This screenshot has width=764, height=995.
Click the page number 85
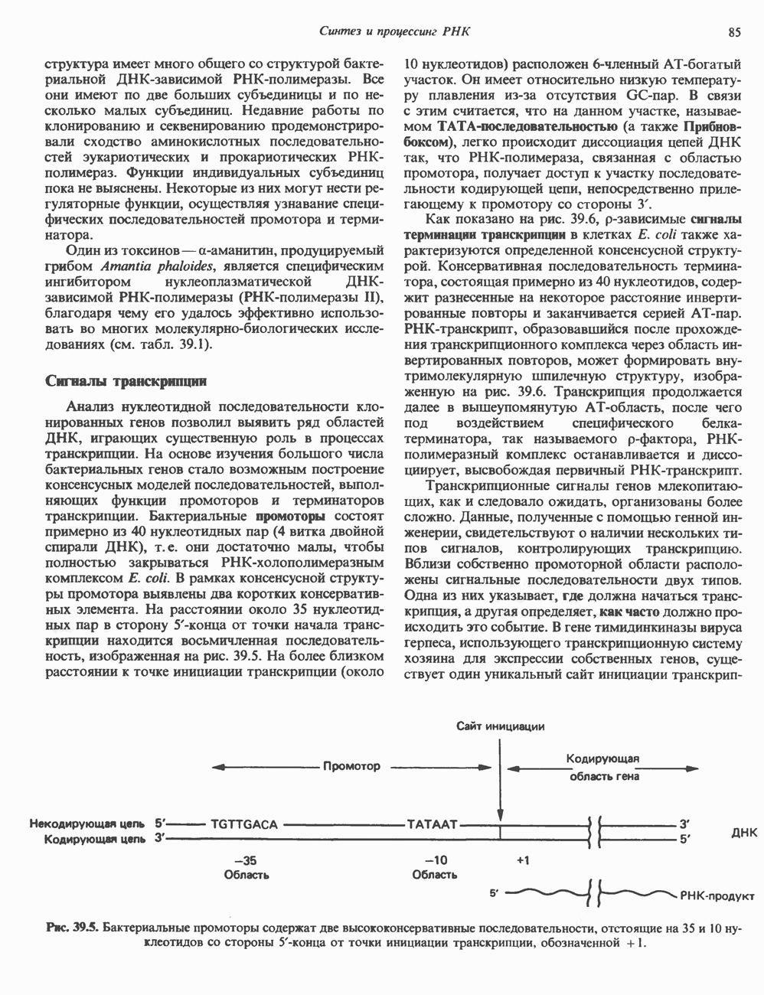[x=735, y=32]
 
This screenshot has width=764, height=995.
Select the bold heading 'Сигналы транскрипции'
[x=126, y=380]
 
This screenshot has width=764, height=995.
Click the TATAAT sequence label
[x=433, y=825]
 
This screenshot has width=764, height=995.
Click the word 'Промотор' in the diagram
[x=351, y=766]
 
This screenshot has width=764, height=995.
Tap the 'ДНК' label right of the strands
[x=743, y=833]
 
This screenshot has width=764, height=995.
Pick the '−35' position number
[x=245, y=860]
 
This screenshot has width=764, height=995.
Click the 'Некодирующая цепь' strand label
[x=87, y=825]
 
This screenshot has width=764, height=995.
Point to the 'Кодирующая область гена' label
[x=602, y=767]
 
